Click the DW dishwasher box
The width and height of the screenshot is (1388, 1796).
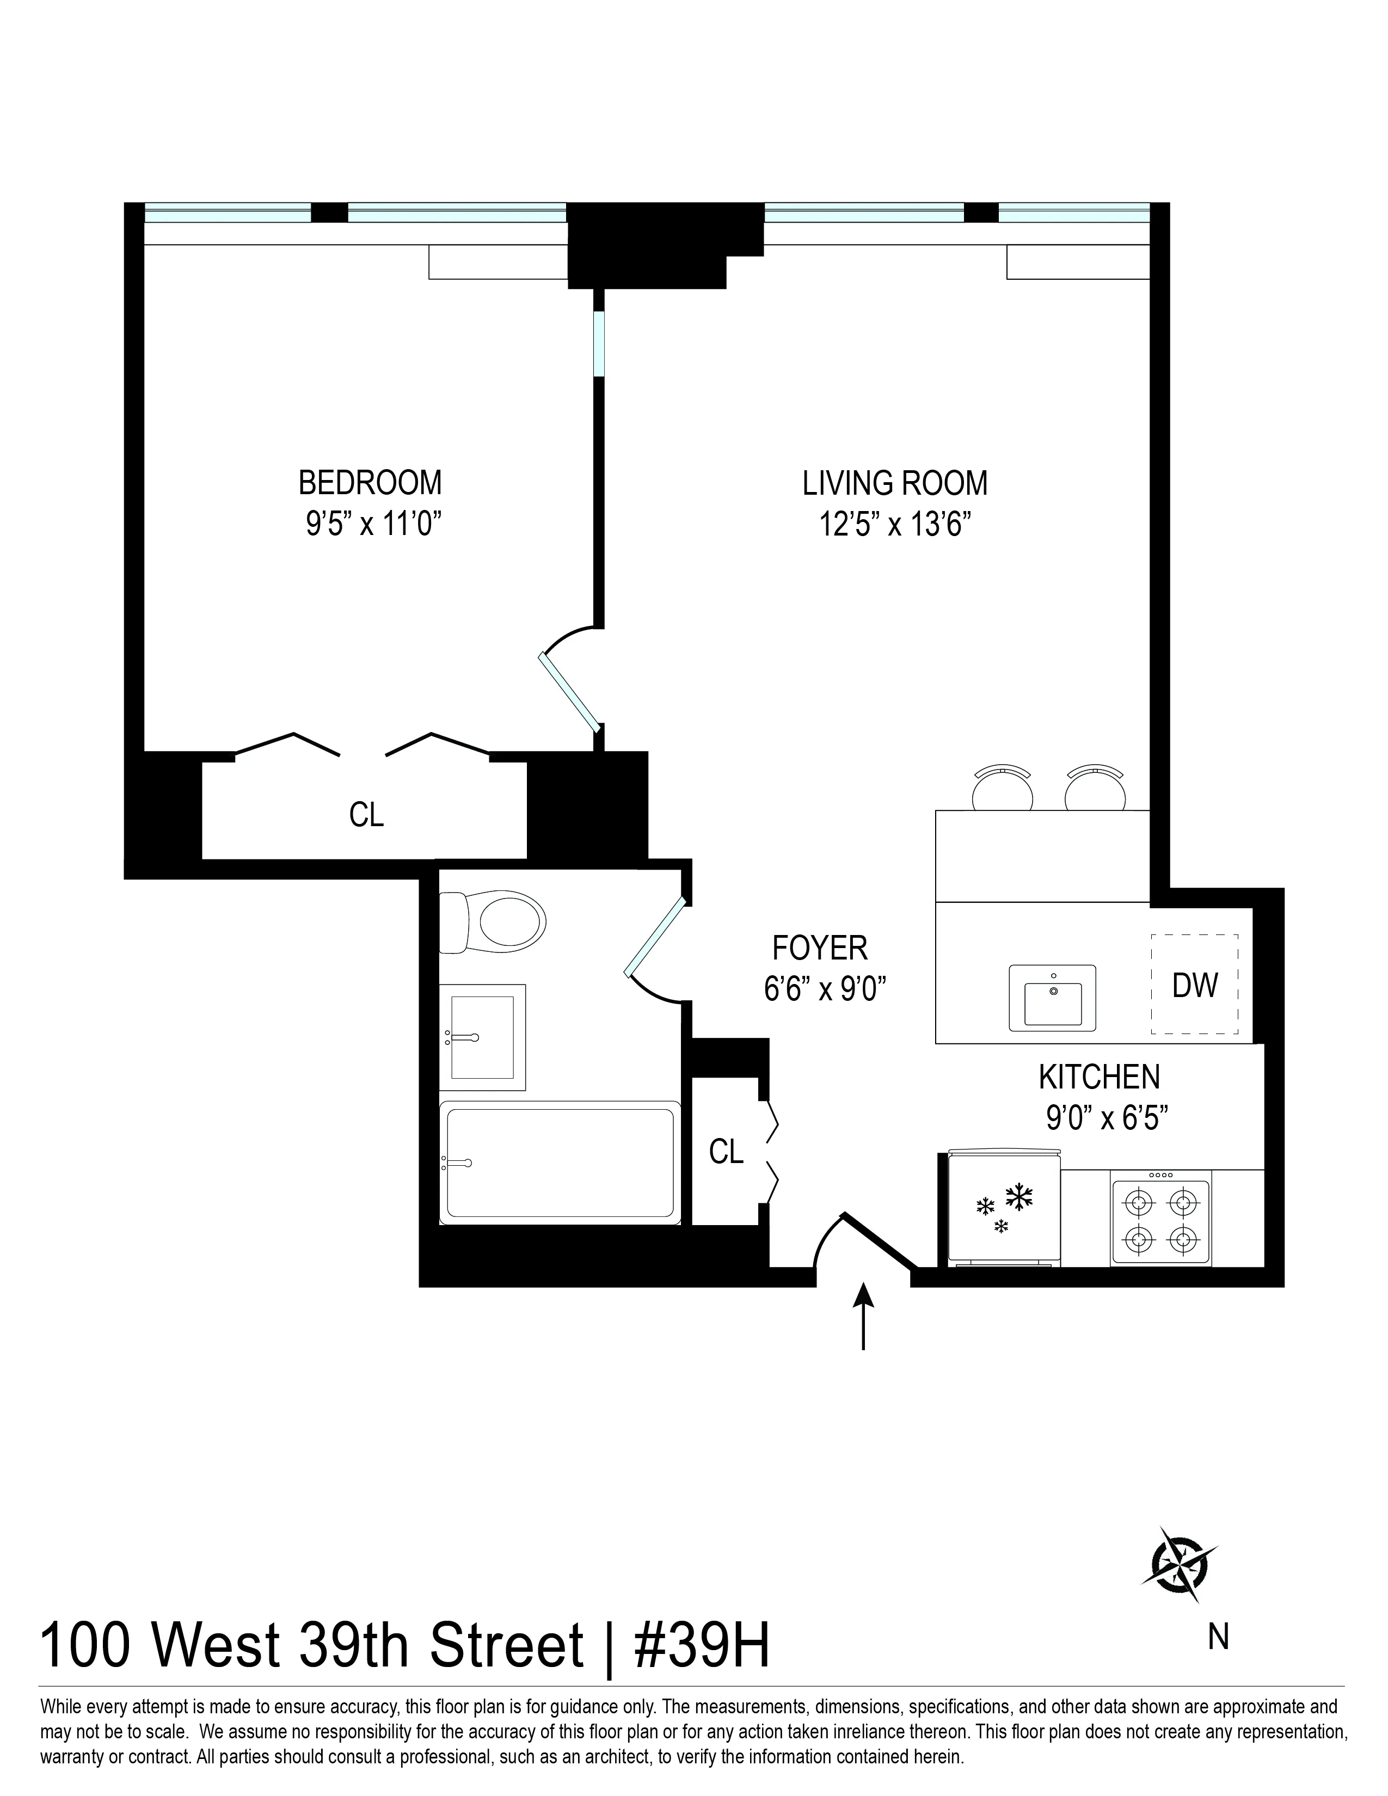point(1194,985)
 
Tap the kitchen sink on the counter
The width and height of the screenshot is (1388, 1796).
point(1053,998)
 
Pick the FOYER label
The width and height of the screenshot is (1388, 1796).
point(819,948)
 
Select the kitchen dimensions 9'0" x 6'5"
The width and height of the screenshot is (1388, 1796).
point(1107,1117)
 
